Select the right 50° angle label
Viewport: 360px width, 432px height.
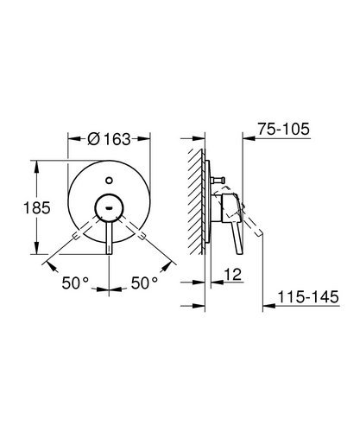click(145, 283)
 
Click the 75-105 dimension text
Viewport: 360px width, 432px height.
click(283, 129)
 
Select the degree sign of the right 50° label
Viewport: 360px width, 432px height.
click(156, 278)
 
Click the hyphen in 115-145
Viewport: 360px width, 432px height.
click(303, 299)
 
